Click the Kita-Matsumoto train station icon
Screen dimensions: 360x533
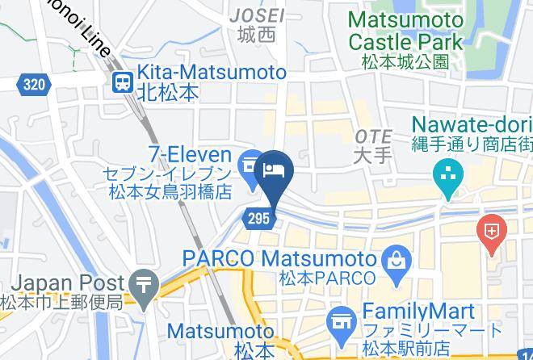pos(123,81)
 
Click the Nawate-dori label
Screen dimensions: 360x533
pos(472,125)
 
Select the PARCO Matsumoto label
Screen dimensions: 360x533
pos(279,259)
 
